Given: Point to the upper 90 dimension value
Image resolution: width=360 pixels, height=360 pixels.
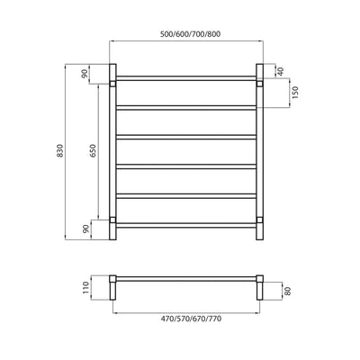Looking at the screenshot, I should pos(87,74).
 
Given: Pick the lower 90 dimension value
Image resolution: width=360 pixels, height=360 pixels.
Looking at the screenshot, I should pos(87,229).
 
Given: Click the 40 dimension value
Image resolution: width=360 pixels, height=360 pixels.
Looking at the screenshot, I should pos(281,71).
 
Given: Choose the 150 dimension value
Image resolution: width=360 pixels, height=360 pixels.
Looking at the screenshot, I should pos(294,94).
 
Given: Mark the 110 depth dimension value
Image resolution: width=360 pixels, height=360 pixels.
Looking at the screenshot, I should pos(87,287).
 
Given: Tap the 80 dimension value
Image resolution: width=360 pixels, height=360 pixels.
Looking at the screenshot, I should pos(288,291).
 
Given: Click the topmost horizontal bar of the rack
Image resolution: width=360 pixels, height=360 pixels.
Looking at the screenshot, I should pos(186,77).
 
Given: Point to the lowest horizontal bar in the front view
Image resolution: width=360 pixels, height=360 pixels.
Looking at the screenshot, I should pos(186,225).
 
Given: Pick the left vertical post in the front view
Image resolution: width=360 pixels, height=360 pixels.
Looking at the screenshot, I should pos(113,153).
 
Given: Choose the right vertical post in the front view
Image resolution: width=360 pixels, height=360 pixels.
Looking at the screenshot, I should pos(259,153).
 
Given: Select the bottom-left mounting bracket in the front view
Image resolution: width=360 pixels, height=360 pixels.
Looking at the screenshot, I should pos(112,219).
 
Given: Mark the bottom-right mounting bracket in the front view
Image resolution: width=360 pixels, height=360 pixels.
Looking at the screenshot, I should pos(261,219).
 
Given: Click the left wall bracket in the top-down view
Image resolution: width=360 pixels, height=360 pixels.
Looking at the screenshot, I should pos(113,289).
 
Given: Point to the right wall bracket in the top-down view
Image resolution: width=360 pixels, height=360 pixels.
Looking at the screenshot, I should pos(259,289).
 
